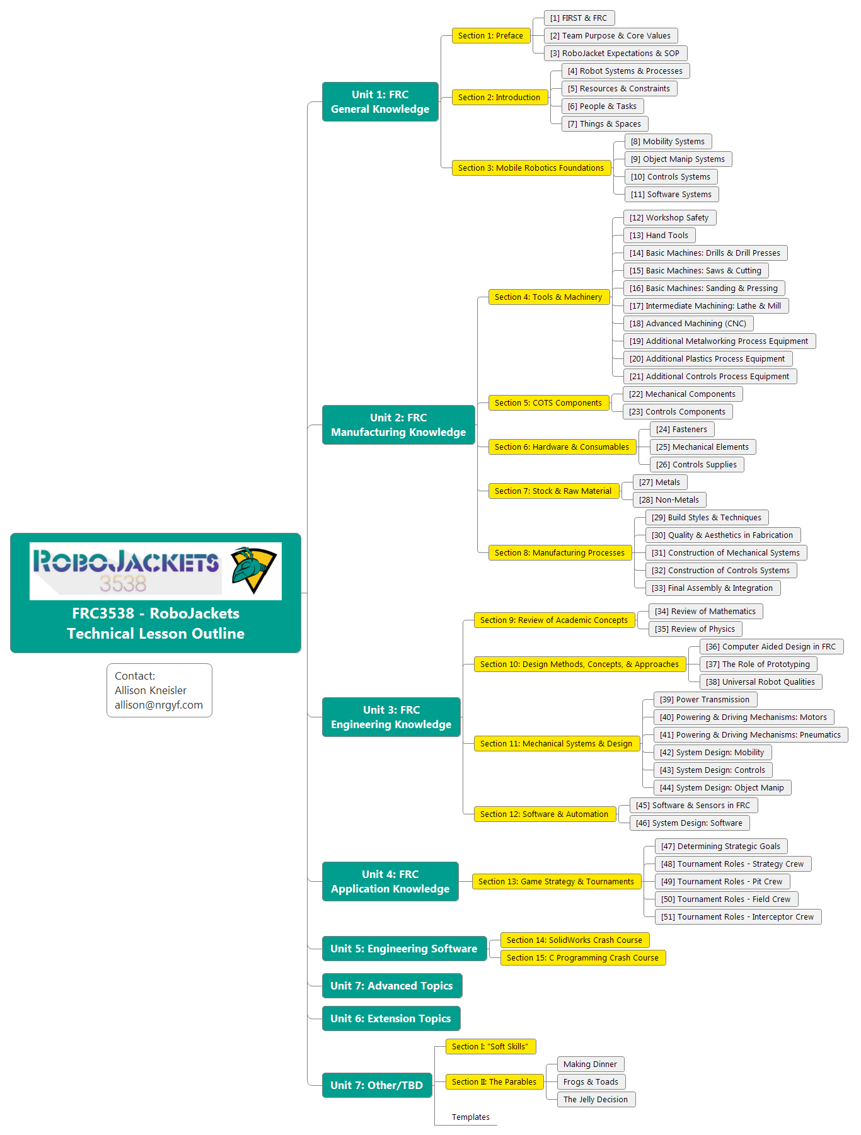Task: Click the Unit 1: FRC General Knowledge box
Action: [x=380, y=101]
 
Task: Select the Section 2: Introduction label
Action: [x=499, y=98]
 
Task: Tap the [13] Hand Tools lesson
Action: [x=659, y=236]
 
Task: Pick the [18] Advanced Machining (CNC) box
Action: [x=688, y=324]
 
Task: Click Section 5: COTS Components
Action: [x=548, y=403]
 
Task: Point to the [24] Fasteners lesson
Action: [x=682, y=430]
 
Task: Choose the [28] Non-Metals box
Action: [x=669, y=500]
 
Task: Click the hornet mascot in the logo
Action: [x=253, y=569]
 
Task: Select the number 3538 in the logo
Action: [x=123, y=584]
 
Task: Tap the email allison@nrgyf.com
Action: [x=159, y=705]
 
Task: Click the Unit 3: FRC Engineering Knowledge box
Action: [x=391, y=717]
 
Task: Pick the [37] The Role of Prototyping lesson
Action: [x=758, y=664]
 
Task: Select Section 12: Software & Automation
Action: [x=544, y=814]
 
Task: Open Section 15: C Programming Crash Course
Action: [x=582, y=958]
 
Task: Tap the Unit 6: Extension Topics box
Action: [x=391, y=1018]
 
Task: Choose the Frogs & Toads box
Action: [x=591, y=1082]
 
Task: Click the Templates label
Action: [x=471, y=1117]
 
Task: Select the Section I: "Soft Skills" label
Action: [x=490, y=1047]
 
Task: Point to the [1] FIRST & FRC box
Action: [x=579, y=18]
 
